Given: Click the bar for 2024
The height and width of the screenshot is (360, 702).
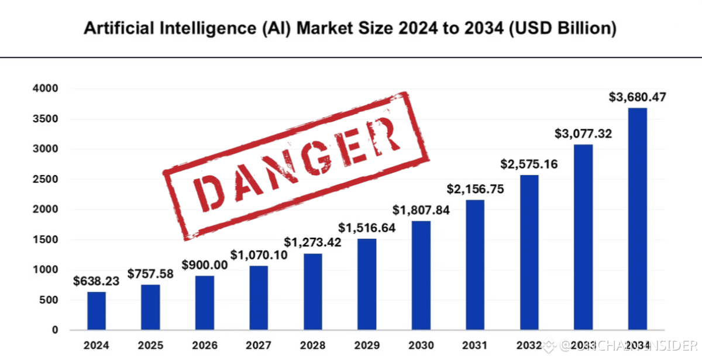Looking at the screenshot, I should click(x=97, y=311).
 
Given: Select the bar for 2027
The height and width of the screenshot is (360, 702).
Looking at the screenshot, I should click(x=259, y=298).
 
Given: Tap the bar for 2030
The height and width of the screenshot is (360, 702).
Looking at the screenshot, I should click(x=421, y=276).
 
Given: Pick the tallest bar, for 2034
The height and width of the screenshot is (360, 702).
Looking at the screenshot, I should click(x=637, y=219).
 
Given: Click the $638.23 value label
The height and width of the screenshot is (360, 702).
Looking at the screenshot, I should click(x=97, y=281).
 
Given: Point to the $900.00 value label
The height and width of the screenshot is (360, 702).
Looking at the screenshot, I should click(x=204, y=265).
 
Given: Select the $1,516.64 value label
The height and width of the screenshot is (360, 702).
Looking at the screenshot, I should click(x=367, y=228).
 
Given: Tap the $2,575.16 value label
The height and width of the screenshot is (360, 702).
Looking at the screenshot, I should click(x=529, y=164).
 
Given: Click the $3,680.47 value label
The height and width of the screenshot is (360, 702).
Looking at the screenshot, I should click(x=638, y=97).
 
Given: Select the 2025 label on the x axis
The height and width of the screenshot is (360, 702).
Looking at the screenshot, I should click(x=150, y=345).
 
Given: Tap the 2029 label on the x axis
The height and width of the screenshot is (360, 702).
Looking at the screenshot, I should click(x=367, y=345).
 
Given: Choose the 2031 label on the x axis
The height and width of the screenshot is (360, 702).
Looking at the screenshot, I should click(x=475, y=345).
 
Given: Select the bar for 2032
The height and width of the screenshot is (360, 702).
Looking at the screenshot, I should click(x=529, y=252).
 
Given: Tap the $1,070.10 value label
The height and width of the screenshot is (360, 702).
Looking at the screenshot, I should click(x=259, y=255).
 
